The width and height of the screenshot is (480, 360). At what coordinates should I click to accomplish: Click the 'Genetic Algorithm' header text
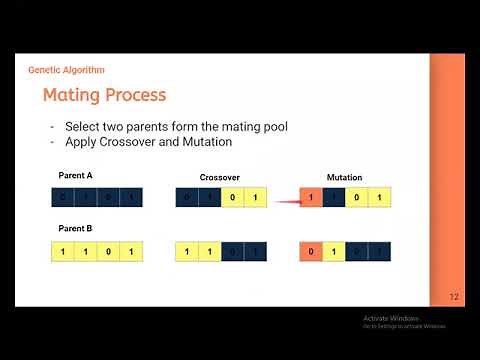(66, 70)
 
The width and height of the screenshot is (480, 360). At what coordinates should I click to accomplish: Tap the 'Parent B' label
(75, 229)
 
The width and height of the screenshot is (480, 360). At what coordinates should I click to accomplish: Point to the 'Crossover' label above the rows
(219, 177)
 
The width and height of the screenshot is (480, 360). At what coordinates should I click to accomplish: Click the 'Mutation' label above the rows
(344, 177)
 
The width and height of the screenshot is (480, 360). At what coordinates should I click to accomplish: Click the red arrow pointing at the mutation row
(288, 199)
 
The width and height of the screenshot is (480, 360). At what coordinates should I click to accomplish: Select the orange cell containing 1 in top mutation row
(311, 198)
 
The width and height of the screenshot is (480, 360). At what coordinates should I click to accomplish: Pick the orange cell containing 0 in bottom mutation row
(311, 251)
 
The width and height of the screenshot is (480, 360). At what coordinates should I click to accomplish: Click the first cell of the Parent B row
(63, 251)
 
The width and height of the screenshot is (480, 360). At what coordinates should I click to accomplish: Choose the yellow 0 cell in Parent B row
(109, 251)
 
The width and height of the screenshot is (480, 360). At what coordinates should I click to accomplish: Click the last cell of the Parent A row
(132, 198)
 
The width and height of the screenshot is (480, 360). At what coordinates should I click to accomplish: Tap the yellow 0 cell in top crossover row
(231, 198)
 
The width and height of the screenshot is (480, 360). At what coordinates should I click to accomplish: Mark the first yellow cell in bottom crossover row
(186, 251)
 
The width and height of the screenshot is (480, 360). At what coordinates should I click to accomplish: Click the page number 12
(453, 297)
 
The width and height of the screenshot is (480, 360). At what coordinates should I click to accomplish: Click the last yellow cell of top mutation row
(379, 198)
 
